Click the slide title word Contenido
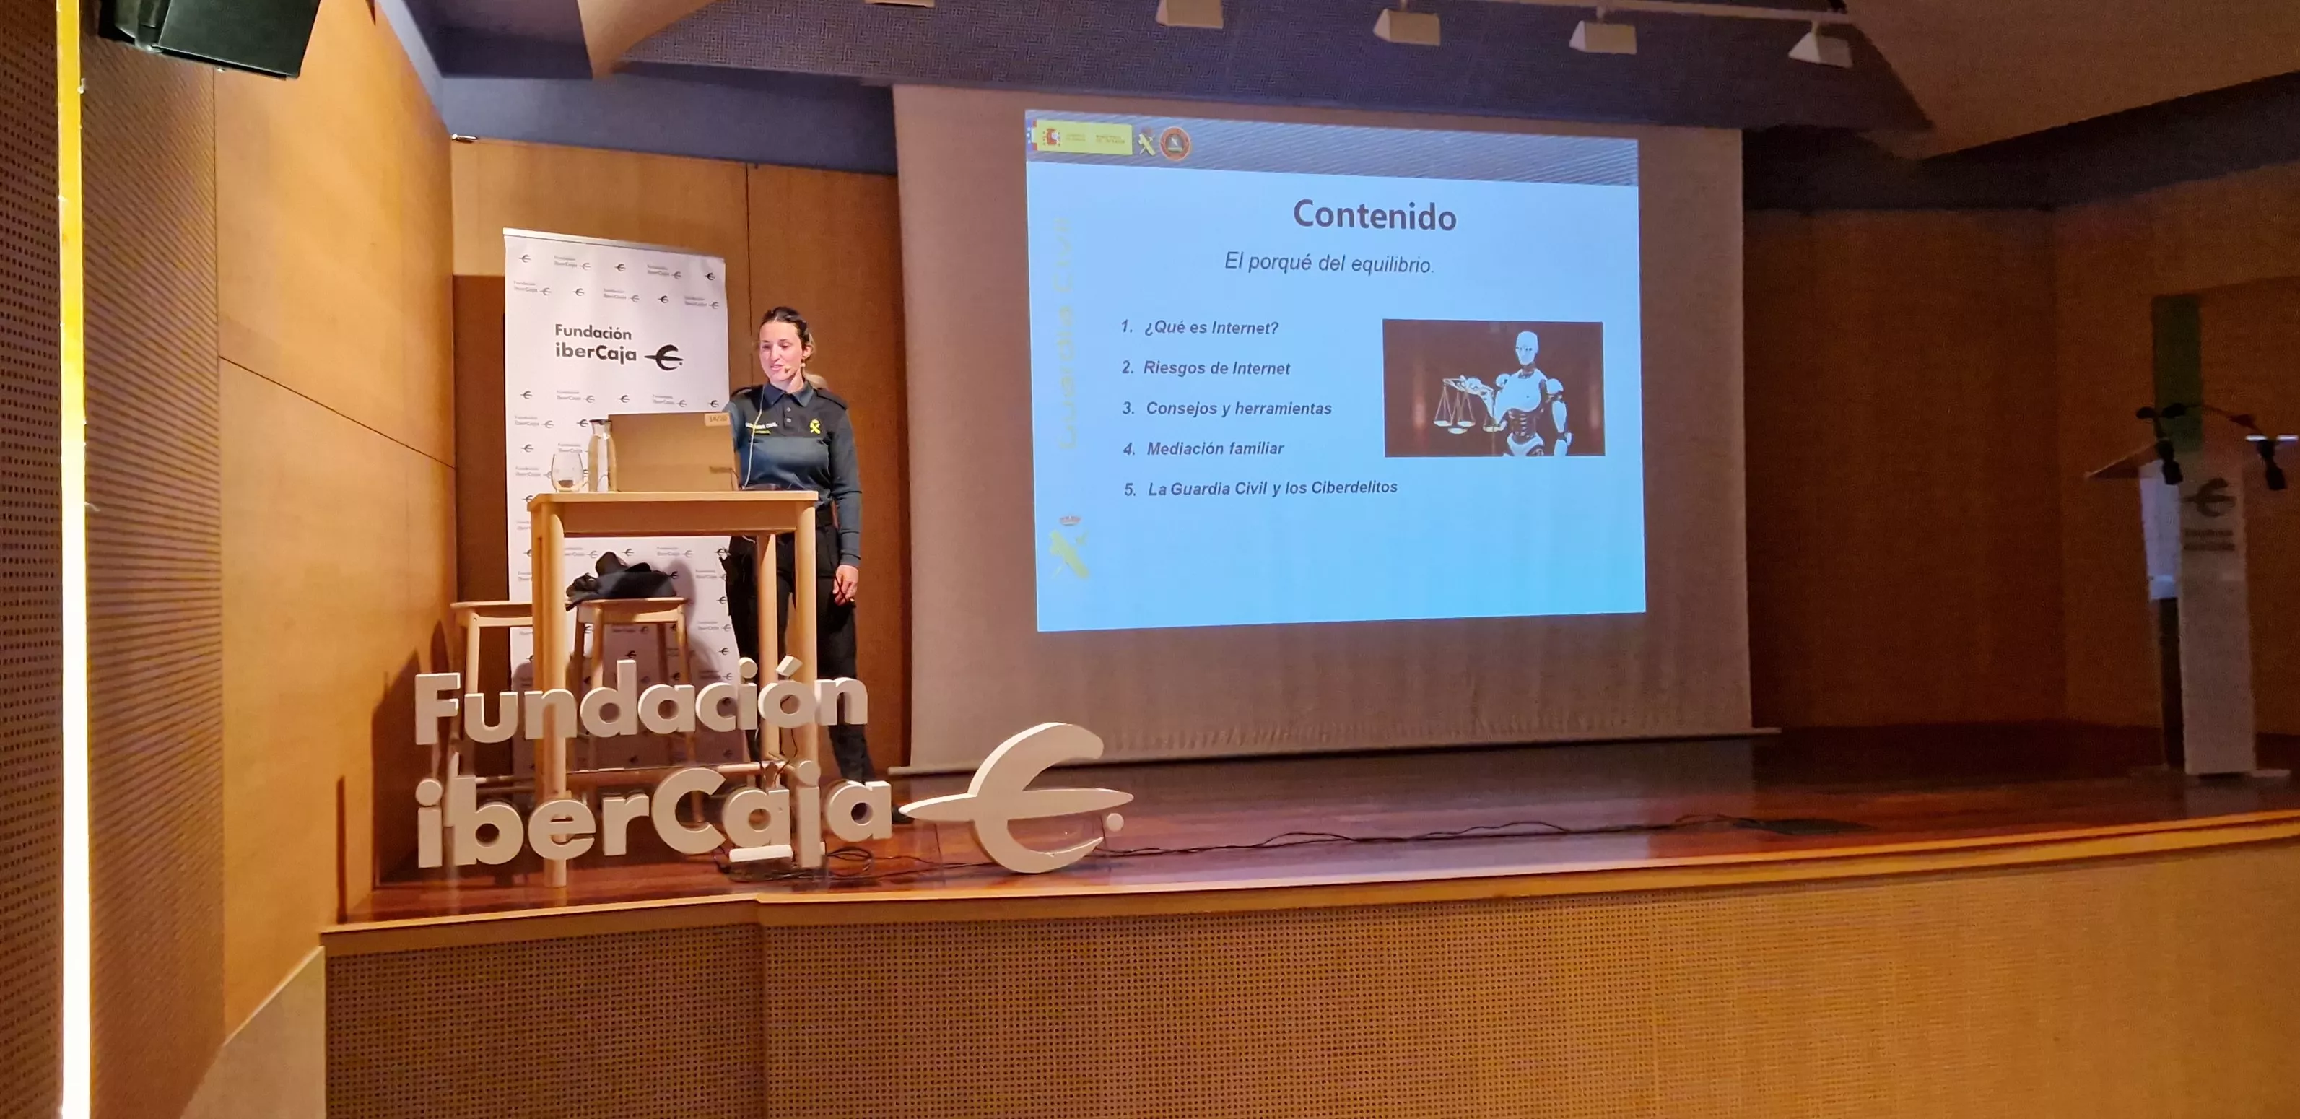pyautogui.click(x=1374, y=216)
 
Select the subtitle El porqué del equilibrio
pyautogui.click(x=1328, y=263)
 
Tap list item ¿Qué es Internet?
pyautogui.click(x=1210, y=328)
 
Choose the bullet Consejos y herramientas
pyautogui.click(x=1237, y=408)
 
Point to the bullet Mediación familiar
pyautogui.click(x=1214, y=448)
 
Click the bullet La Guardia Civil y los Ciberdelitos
pyautogui.click(x=1271, y=487)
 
